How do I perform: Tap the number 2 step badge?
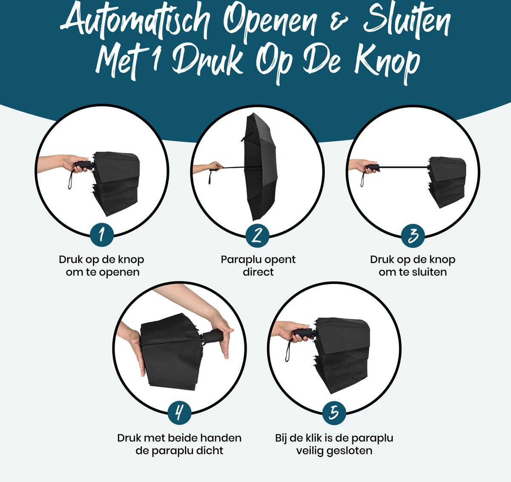pos(257,235)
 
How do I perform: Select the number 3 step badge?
pos(413,235)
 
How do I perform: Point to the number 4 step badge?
pos(179,412)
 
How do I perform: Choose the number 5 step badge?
pos(334,412)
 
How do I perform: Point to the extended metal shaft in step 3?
pos(402,167)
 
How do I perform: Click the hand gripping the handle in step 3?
pos(363,166)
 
